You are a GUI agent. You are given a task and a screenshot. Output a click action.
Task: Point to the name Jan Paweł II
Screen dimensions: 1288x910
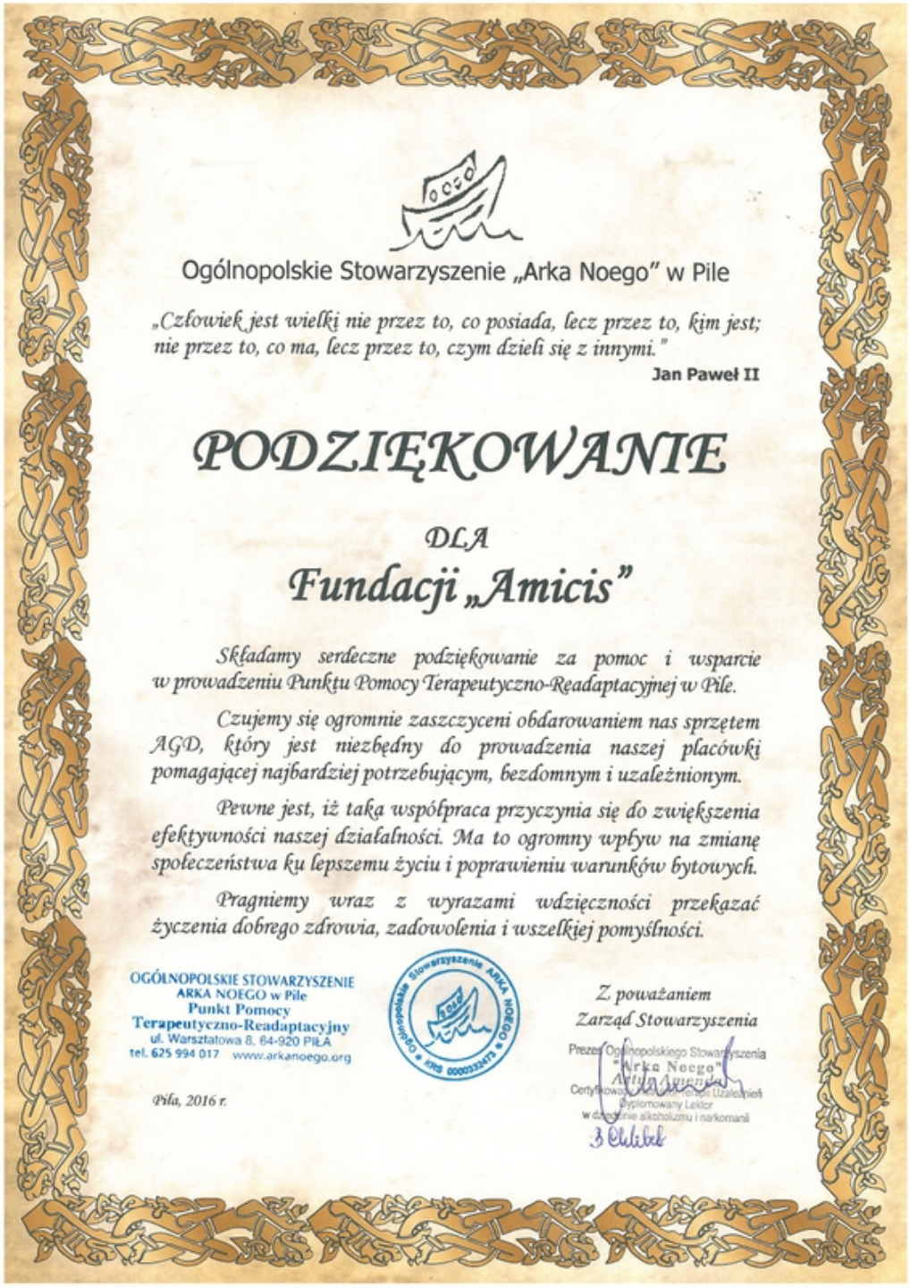705,375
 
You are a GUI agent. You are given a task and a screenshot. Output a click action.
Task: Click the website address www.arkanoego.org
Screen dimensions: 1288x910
291,1056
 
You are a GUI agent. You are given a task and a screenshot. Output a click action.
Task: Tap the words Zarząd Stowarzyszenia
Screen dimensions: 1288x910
666,1020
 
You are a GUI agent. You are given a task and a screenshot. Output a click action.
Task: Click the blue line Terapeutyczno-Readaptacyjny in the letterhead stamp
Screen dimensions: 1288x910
240,1023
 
